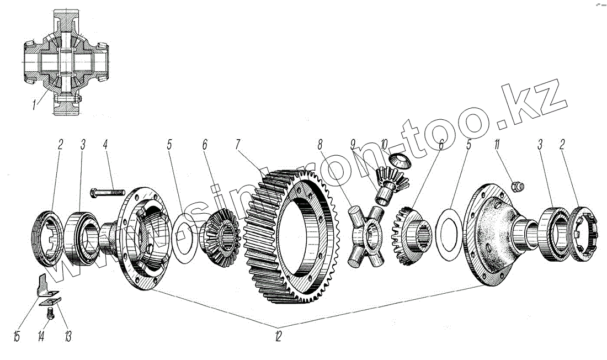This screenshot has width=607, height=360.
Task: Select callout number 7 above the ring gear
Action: point(238,146)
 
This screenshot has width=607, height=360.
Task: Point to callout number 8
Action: point(320,146)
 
